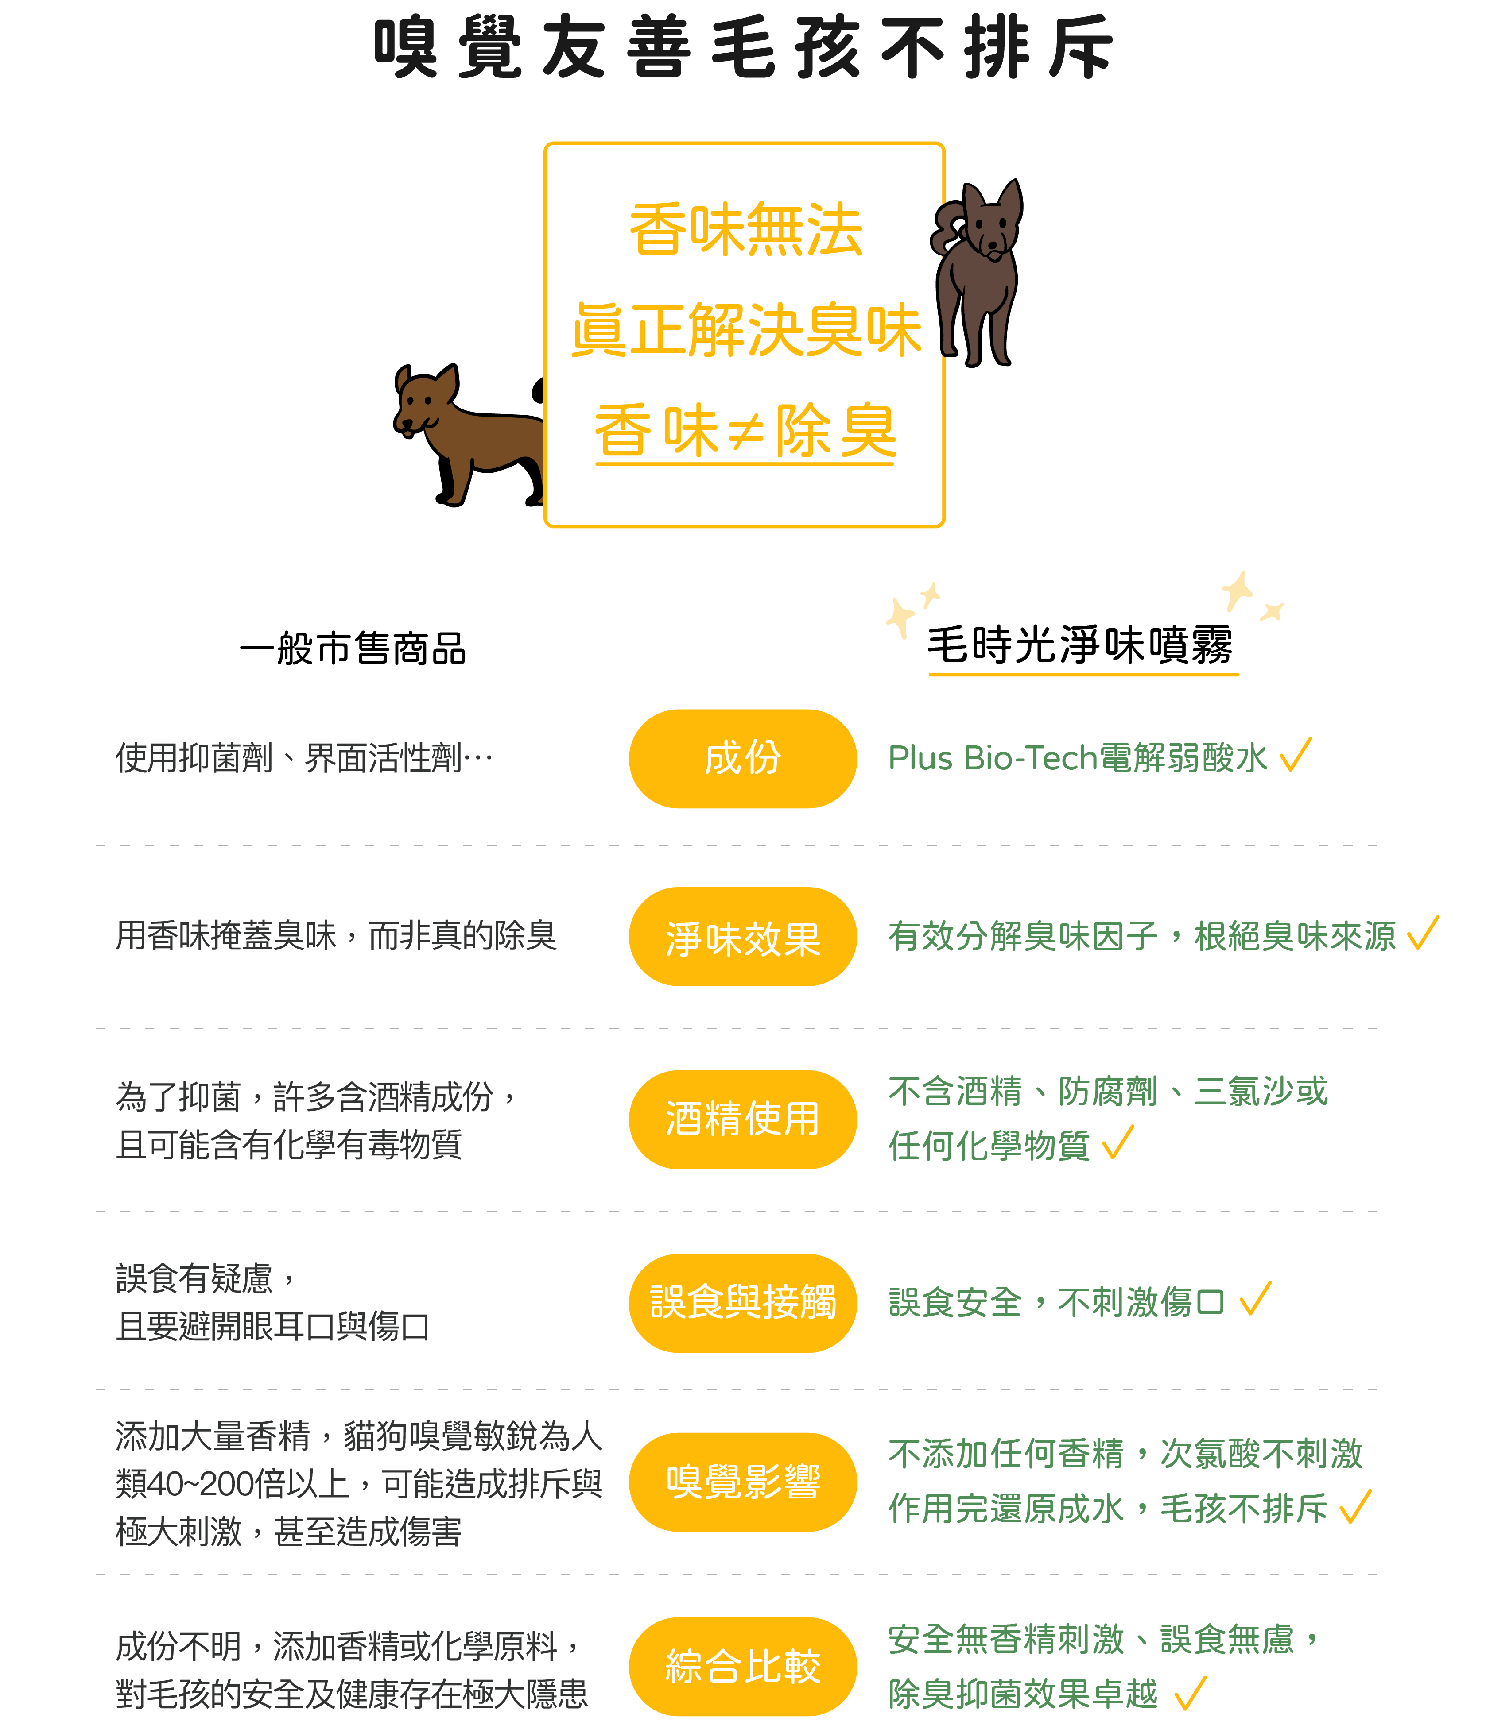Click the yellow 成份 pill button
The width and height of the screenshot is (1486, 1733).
(742, 759)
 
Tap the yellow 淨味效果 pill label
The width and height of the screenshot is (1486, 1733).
(742, 937)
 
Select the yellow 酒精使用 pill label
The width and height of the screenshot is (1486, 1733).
(742, 1119)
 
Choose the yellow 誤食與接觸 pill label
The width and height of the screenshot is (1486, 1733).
(742, 1302)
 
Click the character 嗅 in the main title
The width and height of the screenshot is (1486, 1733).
(405, 48)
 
